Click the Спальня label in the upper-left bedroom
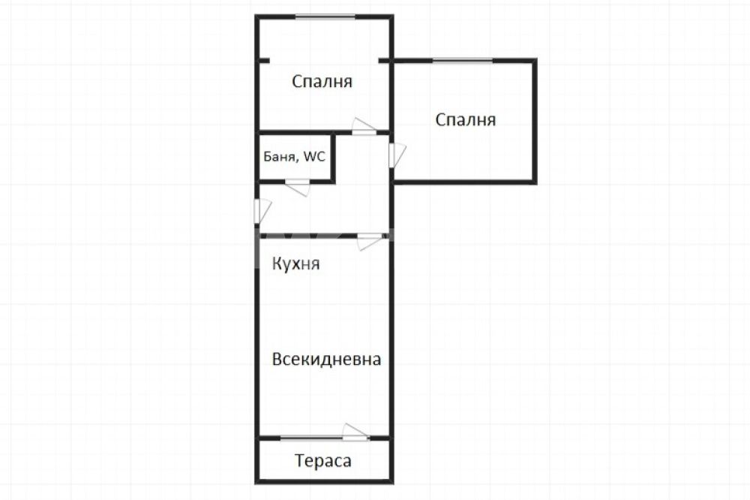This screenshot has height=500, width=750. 322,82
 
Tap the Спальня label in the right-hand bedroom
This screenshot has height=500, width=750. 466,119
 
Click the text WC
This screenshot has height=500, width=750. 314,156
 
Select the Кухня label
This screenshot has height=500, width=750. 296,264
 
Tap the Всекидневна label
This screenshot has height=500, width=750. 326,359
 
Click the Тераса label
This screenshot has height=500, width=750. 323,461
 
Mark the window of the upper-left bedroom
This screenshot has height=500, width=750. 325,17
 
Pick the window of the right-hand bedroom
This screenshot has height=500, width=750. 463,61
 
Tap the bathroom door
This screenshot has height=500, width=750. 298,187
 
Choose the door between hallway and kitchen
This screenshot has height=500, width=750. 370,241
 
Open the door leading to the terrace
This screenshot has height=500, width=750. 355,432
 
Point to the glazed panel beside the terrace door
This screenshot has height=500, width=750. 311,438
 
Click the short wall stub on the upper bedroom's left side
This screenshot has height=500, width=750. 262,61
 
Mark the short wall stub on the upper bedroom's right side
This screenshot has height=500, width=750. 385,61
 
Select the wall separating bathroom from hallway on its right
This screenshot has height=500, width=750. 334,158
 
